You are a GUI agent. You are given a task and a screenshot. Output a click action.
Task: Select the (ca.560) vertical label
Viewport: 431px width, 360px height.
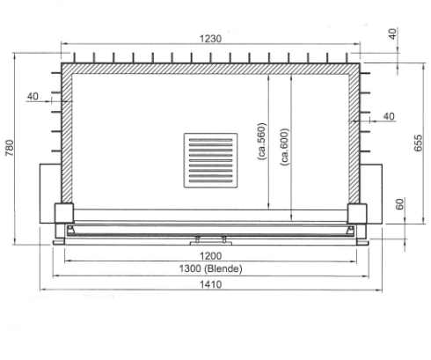(x=261, y=142)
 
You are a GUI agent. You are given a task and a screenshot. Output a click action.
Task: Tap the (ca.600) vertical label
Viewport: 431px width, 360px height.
(x=283, y=142)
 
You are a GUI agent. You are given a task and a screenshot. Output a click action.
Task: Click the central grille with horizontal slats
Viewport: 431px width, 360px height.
(x=210, y=159)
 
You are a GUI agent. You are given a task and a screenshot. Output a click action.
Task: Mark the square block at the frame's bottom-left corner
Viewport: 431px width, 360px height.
(x=64, y=212)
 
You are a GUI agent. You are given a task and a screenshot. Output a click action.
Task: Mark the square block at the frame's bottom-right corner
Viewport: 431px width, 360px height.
(x=357, y=212)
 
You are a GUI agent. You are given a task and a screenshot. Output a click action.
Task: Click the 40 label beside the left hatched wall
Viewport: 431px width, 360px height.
(x=33, y=96)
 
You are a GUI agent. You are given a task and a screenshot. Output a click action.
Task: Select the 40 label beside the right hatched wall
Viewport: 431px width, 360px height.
(x=390, y=115)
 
